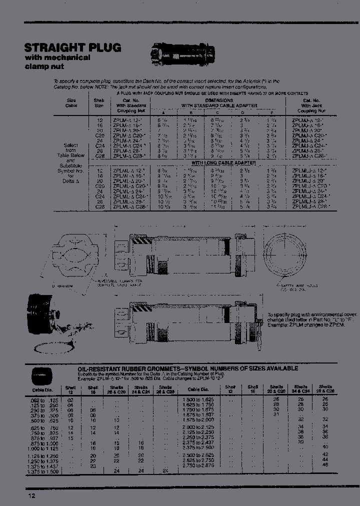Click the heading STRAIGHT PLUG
click(72, 48)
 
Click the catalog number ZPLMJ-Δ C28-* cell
click(309, 156)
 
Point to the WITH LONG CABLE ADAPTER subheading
click(224, 163)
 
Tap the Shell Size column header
click(99, 102)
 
